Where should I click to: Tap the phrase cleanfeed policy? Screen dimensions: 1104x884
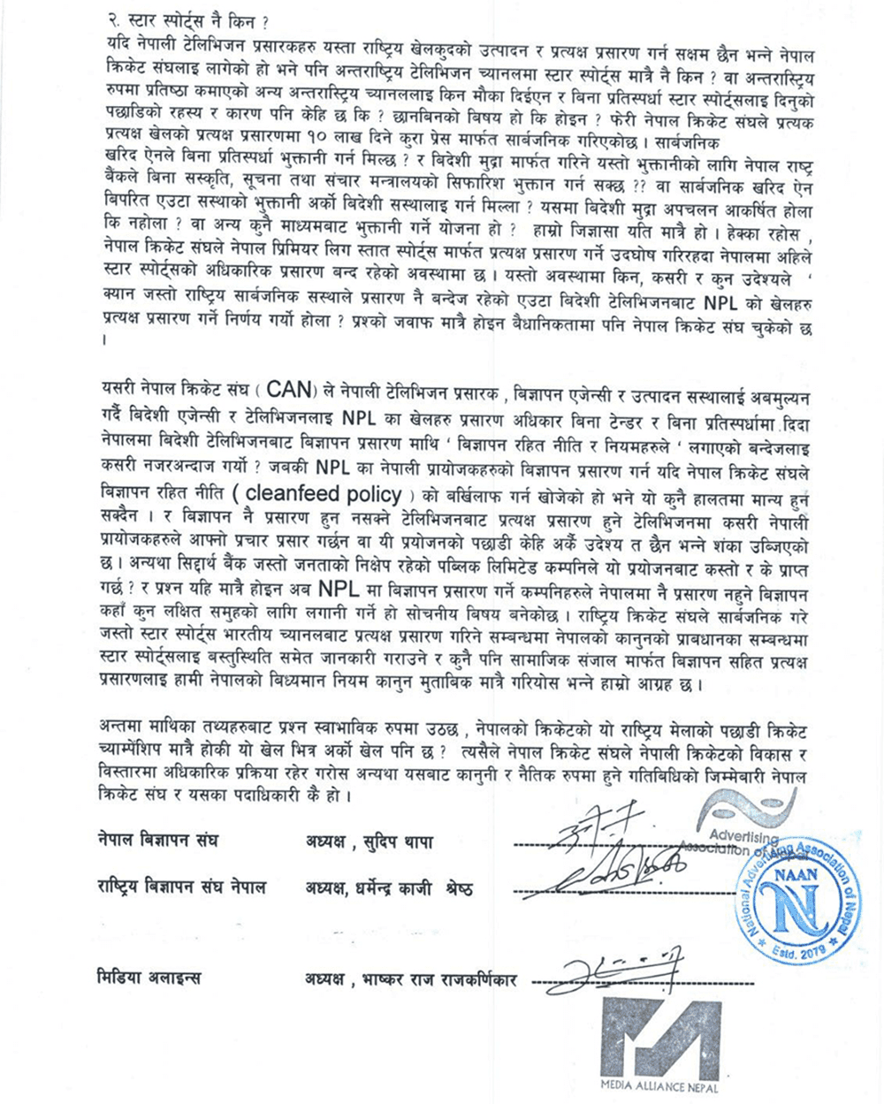pos(324,495)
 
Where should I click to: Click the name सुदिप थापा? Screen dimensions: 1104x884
pos(410,841)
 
